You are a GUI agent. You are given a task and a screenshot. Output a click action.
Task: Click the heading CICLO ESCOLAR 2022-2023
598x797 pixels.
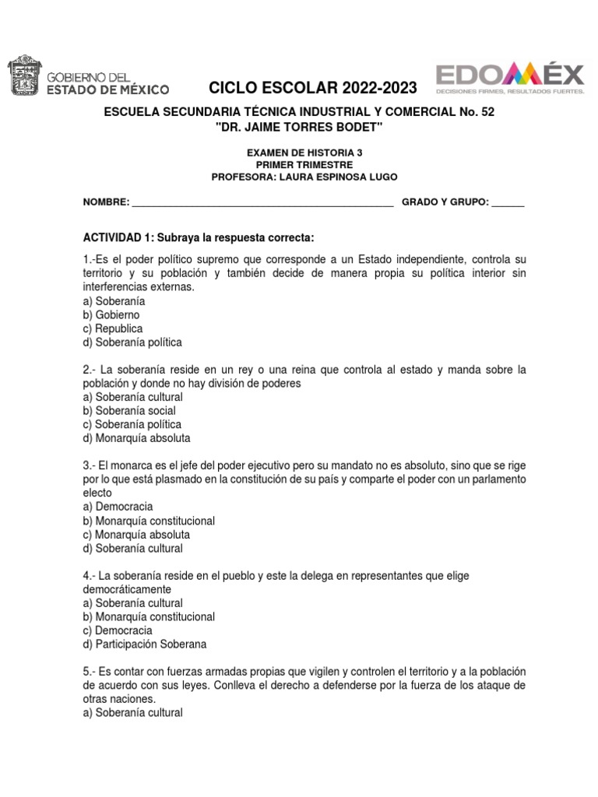pos(313,88)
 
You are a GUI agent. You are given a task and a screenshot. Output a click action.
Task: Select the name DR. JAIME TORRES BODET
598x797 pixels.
pos(299,127)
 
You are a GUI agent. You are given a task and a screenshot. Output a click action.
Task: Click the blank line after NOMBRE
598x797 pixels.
pos(262,203)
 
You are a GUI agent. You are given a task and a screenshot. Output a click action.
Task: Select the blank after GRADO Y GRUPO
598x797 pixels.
pos(508,203)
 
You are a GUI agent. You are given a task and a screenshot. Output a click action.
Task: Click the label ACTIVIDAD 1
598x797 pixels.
pos(117,237)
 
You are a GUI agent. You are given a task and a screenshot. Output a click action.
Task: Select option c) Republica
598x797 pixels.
pos(113,328)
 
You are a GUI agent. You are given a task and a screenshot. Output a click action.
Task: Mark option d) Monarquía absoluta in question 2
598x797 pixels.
pos(136,438)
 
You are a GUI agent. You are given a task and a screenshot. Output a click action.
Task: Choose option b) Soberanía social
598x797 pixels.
pos(129,410)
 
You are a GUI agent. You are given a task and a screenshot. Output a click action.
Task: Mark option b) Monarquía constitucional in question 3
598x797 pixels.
pos(149,521)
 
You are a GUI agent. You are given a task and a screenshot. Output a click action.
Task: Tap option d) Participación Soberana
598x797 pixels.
pos(144,644)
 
